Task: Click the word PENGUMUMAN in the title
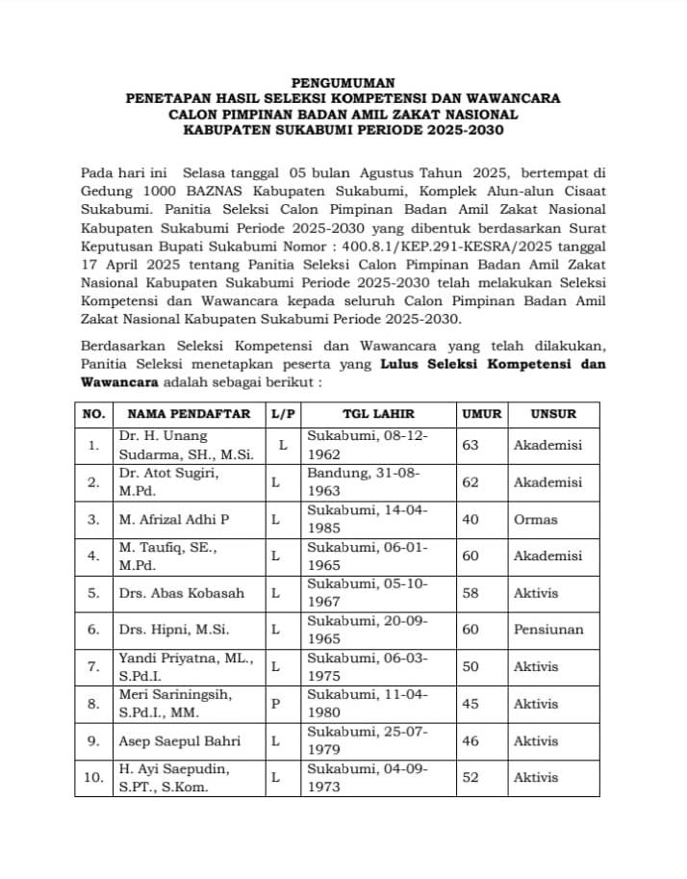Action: click(x=343, y=83)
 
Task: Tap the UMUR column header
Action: click(x=482, y=414)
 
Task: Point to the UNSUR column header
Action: click(x=552, y=414)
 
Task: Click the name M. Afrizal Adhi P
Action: click(x=173, y=519)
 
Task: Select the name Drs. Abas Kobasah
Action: click(x=181, y=593)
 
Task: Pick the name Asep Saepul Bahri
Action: click(x=179, y=741)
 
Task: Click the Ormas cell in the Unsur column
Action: click(x=535, y=519)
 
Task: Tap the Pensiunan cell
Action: click(x=547, y=630)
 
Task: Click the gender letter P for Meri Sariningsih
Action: click(x=276, y=704)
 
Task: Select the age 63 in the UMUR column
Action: click(x=471, y=446)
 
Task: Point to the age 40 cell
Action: click(x=471, y=519)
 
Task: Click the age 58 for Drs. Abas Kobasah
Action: click(x=471, y=593)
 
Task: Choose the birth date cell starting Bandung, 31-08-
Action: click(x=367, y=482)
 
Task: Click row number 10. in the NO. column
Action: click(x=93, y=778)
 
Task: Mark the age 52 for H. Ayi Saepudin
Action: click(x=471, y=778)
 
